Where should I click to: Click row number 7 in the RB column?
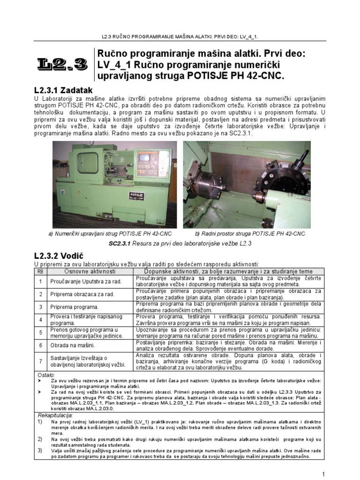tap(41, 361)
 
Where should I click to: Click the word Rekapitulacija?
tap(54, 415)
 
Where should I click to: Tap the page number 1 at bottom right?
tap(323, 473)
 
